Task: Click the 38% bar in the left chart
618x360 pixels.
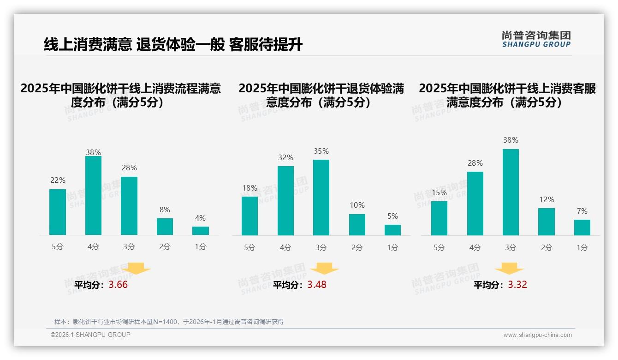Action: click(93, 196)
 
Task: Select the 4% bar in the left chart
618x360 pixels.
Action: click(201, 231)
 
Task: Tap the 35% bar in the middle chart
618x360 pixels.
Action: click(321, 198)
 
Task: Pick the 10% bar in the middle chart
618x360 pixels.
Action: click(357, 225)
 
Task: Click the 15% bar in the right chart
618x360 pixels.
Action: click(439, 218)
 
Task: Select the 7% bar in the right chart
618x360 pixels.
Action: click(582, 228)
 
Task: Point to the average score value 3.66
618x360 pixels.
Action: click(118, 285)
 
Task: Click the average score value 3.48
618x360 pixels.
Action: click(317, 285)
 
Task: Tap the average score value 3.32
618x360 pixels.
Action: click(517, 285)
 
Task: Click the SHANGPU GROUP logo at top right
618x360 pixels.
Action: click(536, 39)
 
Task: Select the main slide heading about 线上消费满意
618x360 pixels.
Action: click(173, 45)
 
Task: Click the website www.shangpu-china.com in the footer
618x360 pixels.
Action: click(537, 335)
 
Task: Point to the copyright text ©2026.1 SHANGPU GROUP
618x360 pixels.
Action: click(90, 335)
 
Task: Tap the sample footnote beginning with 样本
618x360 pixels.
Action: click(169, 322)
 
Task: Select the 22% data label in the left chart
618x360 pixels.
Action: click(58, 180)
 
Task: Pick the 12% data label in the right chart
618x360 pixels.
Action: click(547, 199)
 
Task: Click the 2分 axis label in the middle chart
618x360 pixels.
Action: click(357, 247)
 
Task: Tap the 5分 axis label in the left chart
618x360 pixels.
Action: click(58, 247)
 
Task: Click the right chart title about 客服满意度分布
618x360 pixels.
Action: click(507, 95)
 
